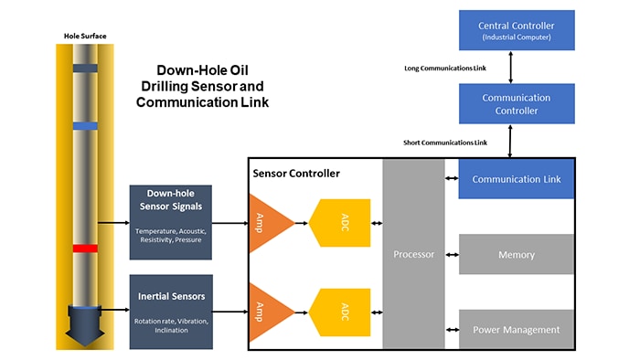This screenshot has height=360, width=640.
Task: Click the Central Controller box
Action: tap(516, 30)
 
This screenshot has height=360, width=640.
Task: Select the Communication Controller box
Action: tap(516, 103)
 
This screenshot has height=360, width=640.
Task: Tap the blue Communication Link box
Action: tap(516, 179)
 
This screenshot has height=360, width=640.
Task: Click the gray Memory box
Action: tap(516, 255)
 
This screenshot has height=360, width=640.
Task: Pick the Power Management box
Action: tap(516, 329)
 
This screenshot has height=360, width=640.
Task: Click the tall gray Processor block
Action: tap(412, 253)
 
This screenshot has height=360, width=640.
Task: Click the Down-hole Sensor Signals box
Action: tap(171, 215)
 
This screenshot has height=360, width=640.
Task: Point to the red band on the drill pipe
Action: tap(85, 249)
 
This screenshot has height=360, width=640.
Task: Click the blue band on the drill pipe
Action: tap(85, 125)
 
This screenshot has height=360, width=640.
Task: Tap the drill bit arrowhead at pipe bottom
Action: tap(85, 328)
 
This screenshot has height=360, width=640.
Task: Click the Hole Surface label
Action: tap(85, 36)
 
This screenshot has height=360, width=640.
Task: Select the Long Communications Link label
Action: tap(445, 68)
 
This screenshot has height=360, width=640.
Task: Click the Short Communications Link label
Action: tap(445, 143)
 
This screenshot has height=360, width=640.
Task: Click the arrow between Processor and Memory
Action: tap(451, 255)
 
